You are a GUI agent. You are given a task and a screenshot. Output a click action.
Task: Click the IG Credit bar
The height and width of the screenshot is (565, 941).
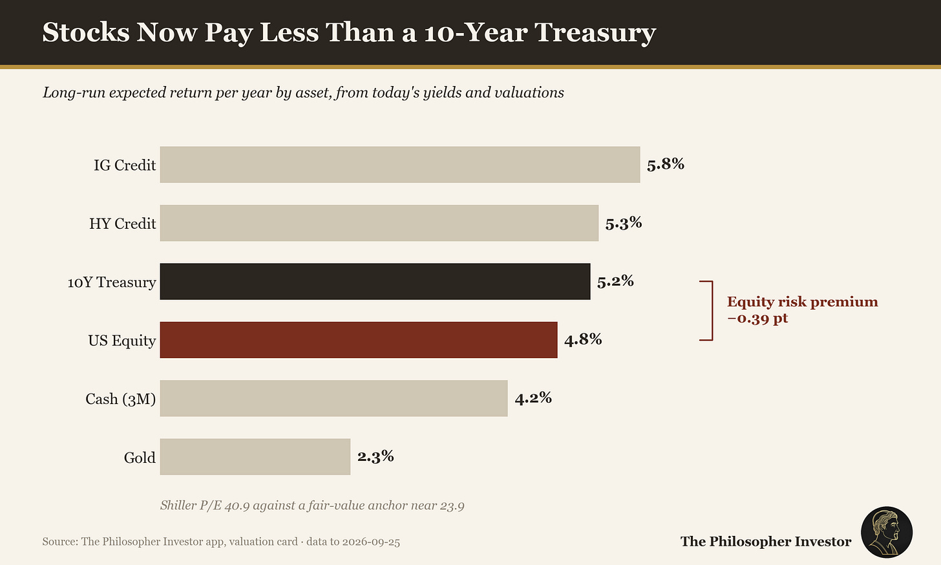tap(400, 165)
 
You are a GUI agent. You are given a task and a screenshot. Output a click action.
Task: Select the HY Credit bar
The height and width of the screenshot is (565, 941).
tap(379, 223)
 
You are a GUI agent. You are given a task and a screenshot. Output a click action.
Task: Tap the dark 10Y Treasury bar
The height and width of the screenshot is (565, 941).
tap(375, 281)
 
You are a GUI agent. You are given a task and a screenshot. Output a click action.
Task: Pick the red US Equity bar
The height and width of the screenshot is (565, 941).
tap(359, 340)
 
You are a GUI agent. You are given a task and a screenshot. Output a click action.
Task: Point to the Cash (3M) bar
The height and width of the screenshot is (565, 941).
tap(334, 398)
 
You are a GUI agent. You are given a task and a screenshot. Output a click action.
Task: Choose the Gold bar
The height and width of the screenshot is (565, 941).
tap(255, 456)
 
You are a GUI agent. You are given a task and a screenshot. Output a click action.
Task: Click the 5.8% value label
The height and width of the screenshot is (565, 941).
tap(666, 164)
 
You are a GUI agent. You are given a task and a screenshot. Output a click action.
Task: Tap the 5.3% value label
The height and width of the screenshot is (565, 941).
tap(624, 223)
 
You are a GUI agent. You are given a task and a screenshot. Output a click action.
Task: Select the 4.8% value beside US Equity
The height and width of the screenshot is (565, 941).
tap(583, 339)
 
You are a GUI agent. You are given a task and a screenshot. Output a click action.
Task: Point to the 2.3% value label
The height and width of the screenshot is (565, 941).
tap(375, 456)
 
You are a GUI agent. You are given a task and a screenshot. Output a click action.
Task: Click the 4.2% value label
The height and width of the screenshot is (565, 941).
tap(533, 398)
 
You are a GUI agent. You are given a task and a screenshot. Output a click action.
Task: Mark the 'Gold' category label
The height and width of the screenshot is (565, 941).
tap(140, 457)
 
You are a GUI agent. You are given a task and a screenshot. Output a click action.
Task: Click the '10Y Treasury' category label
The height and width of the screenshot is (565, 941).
tap(112, 282)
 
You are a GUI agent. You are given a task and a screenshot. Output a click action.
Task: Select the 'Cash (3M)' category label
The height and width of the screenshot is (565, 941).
tap(121, 399)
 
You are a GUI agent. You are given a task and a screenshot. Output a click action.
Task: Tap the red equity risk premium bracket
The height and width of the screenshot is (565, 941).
tap(712, 310)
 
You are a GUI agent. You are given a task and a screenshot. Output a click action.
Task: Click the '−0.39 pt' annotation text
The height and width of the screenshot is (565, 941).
tap(757, 319)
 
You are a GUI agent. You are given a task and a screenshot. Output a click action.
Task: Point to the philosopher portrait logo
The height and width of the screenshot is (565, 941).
tap(887, 532)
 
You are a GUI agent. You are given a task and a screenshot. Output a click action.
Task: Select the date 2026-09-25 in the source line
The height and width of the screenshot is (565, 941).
tap(371, 542)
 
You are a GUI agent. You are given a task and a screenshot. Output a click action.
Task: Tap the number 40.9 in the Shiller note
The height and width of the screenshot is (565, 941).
tap(237, 505)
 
